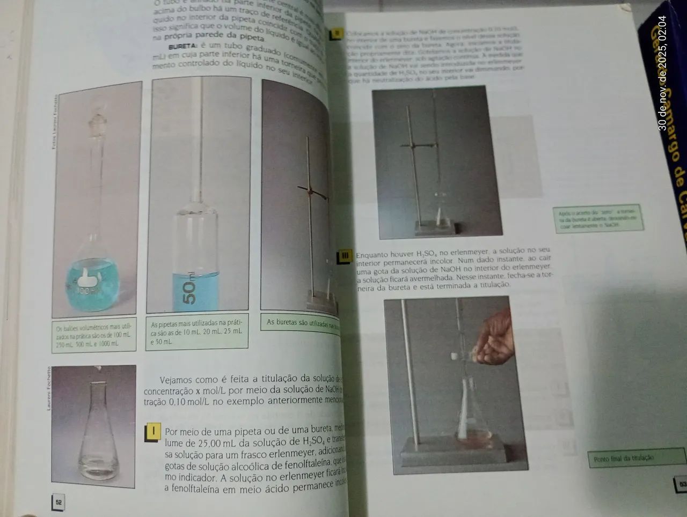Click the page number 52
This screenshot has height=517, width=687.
[x=59, y=503]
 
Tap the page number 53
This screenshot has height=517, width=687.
[x=682, y=484]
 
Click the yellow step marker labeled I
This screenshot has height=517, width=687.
[x=154, y=432]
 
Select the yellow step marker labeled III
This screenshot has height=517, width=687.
[x=345, y=256]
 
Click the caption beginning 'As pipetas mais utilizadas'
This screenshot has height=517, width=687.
[x=196, y=333]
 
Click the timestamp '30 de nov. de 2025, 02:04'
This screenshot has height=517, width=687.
[x=663, y=73]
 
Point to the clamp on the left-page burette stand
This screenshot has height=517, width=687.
[x=311, y=190]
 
